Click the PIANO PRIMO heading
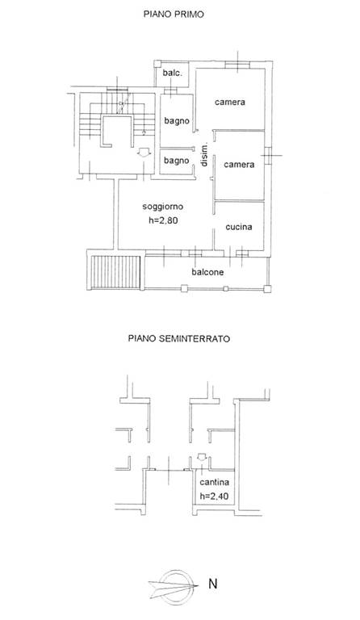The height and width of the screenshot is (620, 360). (x=174, y=15)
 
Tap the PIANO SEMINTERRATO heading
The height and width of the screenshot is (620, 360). (x=179, y=339)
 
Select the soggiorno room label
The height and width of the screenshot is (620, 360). (x=163, y=207)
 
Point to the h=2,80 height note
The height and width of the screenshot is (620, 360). (x=163, y=220)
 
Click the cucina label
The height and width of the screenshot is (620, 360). (x=239, y=227)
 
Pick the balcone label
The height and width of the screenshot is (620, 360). (x=207, y=272)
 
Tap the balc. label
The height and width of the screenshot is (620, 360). (x=172, y=73)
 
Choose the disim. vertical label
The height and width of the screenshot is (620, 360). (x=205, y=154)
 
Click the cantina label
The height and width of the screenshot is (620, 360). (x=215, y=483)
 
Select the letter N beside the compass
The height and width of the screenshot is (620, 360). (x=212, y=584)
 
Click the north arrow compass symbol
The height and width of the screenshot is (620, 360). (x=174, y=584)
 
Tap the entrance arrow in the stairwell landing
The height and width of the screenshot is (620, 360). (x=143, y=153)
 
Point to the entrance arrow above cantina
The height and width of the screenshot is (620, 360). (x=201, y=457)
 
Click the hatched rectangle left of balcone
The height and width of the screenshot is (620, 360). (x=115, y=272)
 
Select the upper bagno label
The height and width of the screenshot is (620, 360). (x=177, y=121)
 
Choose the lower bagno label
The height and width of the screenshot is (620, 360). (x=176, y=161)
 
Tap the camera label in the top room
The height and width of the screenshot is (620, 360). (x=230, y=102)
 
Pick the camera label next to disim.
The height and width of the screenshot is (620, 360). (x=239, y=165)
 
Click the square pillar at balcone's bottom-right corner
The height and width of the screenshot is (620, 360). (x=267, y=289)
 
